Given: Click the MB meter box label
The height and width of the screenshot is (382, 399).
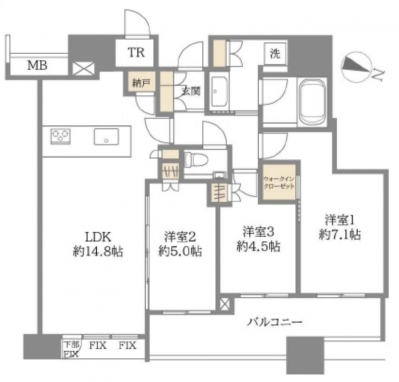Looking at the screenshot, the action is pos(37,66).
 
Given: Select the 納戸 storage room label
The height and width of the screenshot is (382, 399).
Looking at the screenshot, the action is pos(141,83).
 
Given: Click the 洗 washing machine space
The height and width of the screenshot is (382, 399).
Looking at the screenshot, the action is pos(275,54).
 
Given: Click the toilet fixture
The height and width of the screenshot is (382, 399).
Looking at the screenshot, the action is pos(196,161).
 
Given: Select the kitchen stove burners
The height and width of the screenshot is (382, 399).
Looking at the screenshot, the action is pos(60,136).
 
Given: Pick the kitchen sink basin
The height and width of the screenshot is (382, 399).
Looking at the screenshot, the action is pos(106,136).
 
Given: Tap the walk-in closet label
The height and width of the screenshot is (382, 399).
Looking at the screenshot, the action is pos(279,182).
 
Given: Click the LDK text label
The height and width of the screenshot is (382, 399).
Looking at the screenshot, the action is pos(98,237).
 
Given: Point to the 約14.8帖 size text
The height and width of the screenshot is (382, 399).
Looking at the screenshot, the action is pos(98,251).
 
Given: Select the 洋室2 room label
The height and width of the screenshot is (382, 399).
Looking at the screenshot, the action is pos(180,237).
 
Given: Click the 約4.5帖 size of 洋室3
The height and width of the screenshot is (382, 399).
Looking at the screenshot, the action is pos(258,246).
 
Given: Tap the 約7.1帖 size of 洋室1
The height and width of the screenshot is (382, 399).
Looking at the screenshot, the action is pos(340,234).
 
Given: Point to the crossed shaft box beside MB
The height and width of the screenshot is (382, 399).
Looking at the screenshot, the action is pos(84,69).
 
